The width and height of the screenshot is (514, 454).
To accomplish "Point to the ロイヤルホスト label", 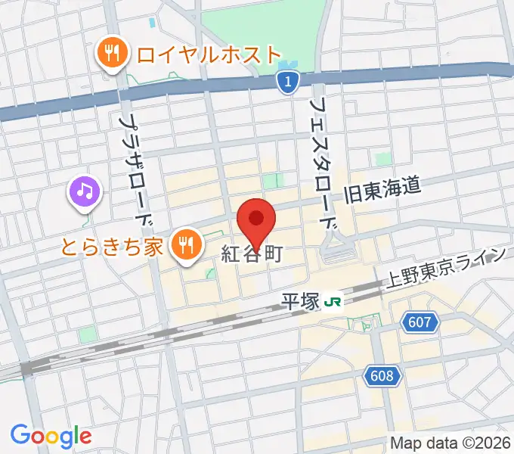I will [x=207, y=54].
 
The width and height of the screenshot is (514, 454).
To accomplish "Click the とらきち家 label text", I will [x=122, y=246].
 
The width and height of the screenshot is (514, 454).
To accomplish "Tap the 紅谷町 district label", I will [x=252, y=254].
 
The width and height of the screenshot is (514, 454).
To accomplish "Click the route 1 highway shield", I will [x=286, y=82].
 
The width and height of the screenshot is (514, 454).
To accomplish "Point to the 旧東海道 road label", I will [x=382, y=192].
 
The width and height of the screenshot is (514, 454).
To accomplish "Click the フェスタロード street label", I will [x=323, y=162].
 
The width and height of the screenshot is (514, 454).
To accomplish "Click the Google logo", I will [x=51, y=436].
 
